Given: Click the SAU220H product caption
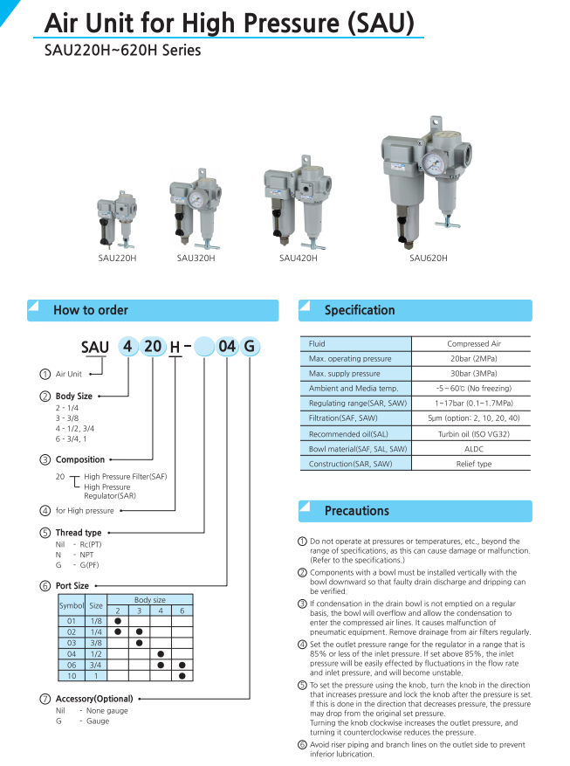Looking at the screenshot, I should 117,259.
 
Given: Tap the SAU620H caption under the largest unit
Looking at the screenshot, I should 429,258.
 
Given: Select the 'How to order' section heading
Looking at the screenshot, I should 91,310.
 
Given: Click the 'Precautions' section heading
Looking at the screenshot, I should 356,511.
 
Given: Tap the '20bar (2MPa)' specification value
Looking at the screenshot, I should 474,359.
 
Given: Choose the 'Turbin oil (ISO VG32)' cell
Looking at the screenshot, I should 474,434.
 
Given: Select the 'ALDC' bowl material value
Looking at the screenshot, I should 474,449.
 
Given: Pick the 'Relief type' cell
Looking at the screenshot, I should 474,464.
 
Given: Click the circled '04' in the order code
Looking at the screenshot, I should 227,346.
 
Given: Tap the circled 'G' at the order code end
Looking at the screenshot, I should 250,346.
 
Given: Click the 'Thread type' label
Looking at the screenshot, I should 79,533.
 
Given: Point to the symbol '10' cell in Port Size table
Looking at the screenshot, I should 72,676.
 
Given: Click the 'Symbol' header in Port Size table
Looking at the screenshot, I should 72,605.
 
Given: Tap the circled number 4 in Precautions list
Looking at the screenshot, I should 303,645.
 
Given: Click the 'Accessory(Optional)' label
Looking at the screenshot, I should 94,699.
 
